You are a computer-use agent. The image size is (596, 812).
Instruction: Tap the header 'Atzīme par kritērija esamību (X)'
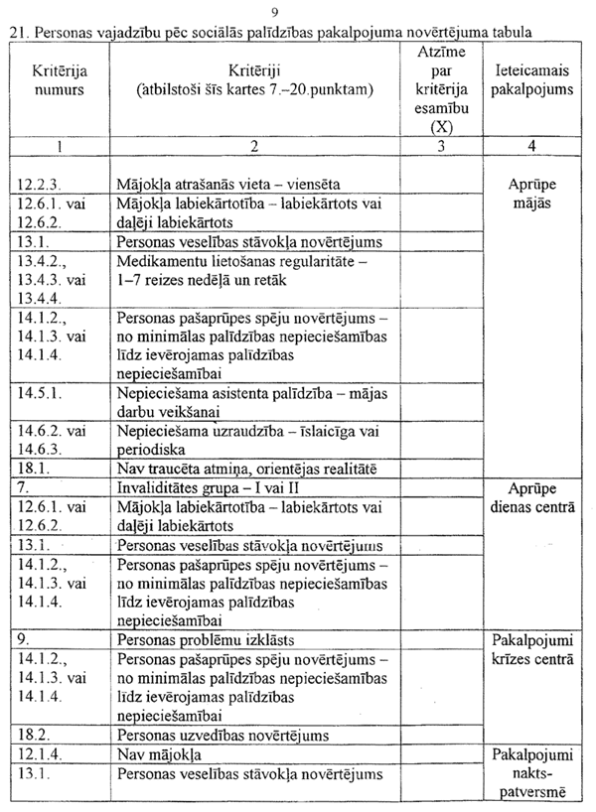430,88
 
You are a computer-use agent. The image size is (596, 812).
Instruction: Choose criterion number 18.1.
35,468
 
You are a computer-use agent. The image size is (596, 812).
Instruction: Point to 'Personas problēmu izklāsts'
211,639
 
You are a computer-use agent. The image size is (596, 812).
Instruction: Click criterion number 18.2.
35,736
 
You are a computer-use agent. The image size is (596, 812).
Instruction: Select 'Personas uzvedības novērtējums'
223,736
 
